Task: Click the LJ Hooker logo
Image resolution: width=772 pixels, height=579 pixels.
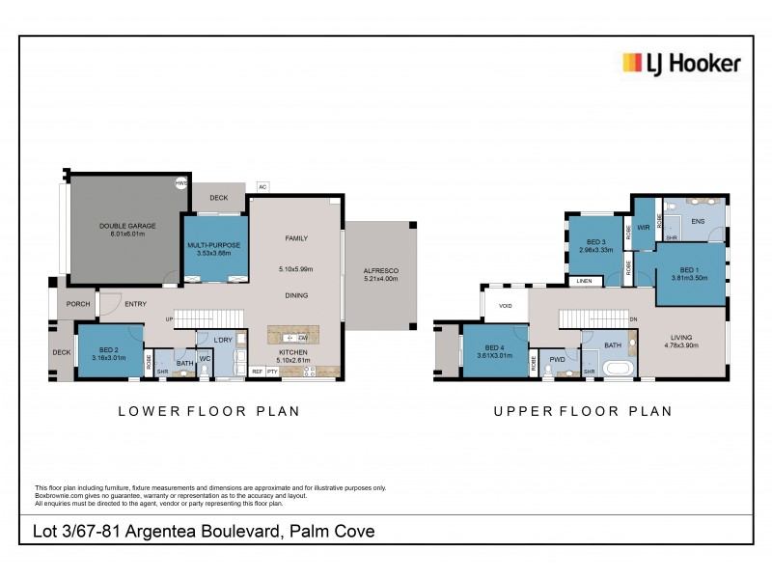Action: pyautogui.click(x=680, y=64)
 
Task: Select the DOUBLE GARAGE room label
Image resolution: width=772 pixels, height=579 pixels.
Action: pyautogui.click(x=126, y=226)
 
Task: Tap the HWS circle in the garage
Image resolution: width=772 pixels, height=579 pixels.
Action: pyautogui.click(x=180, y=182)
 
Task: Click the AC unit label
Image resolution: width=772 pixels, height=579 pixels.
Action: pyautogui.click(x=262, y=186)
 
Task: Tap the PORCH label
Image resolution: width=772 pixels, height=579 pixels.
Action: pyautogui.click(x=79, y=304)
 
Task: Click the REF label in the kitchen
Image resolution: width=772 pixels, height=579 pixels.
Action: pyautogui.click(x=258, y=371)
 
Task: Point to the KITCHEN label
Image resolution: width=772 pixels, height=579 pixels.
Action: pyautogui.click(x=293, y=353)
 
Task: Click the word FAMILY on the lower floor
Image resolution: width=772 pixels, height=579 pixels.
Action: pyautogui.click(x=295, y=237)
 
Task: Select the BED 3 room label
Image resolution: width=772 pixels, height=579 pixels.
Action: pyautogui.click(x=595, y=242)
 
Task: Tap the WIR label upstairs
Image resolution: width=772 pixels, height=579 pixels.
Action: pyautogui.click(x=643, y=229)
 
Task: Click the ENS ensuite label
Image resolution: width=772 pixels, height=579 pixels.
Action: pyautogui.click(x=699, y=221)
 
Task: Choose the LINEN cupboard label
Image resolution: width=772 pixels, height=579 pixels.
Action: pyautogui.click(x=585, y=282)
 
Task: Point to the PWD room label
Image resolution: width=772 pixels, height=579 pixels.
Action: pyautogui.click(x=557, y=360)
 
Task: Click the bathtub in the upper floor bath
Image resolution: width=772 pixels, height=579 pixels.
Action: pyautogui.click(x=616, y=369)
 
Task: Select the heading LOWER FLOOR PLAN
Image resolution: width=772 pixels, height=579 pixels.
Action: pyautogui.click(x=208, y=411)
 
